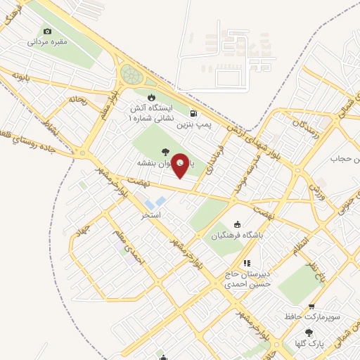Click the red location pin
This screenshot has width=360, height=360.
pos(180,165)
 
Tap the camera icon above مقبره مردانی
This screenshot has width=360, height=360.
pos(47,31)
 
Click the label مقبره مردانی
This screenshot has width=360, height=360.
pos(47,42)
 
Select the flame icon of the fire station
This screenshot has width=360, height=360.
pos(150,97)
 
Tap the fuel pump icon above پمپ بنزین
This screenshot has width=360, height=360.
pos(193,112)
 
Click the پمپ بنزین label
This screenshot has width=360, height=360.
pos(193,124)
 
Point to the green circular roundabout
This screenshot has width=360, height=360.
pos(131,73)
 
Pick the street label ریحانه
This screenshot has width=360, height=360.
pos(77,101)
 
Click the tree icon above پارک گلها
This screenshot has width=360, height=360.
pos(309,333)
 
